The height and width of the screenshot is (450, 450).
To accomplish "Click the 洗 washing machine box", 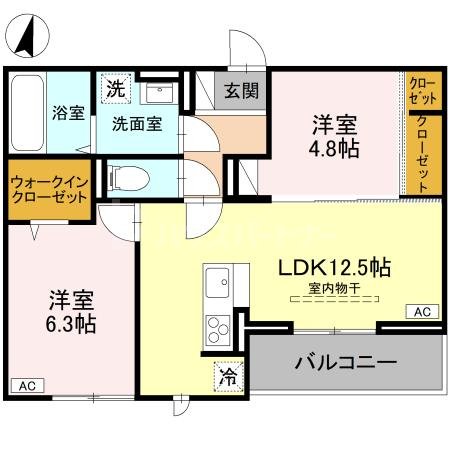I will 117,88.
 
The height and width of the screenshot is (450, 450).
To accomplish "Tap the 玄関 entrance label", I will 241,90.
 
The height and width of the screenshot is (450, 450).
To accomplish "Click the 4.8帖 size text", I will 334,149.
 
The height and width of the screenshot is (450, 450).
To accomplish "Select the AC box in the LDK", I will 423,312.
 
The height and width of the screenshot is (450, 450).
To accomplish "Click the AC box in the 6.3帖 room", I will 26,385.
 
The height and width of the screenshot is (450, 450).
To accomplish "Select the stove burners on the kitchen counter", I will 217,327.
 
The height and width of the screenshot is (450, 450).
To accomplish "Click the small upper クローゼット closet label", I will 420,93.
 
